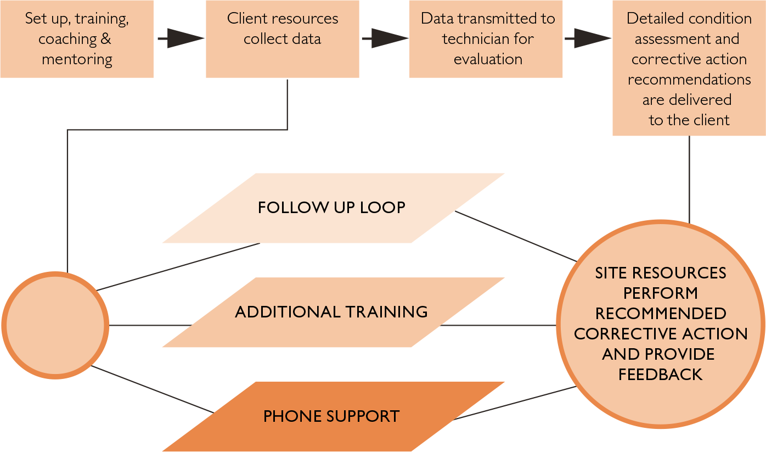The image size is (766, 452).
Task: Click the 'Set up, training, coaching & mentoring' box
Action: click(x=77, y=38)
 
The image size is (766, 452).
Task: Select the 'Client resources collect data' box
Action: click(x=282, y=38)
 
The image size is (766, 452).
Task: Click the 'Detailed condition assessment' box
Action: click(x=689, y=68)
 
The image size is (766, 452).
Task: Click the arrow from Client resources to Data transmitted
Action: click(x=385, y=38)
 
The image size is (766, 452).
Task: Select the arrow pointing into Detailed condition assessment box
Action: click(x=588, y=38)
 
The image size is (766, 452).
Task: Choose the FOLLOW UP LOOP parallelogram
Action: click(x=333, y=208)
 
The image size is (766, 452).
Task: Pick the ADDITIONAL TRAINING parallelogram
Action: click(x=333, y=312)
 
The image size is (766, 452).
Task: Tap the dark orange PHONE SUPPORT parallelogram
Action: click(x=333, y=416)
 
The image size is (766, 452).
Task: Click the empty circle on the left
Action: click(x=55, y=325)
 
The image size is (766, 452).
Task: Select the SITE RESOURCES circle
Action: click(x=661, y=324)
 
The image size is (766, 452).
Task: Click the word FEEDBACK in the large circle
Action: click(x=661, y=375)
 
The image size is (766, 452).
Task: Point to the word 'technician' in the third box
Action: click(x=471, y=39)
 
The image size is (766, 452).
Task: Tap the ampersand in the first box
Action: click(x=106, y=39)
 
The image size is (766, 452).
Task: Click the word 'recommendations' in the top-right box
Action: click(x=689, y=80)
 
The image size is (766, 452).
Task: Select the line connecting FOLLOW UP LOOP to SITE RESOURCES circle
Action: click(x=516, y=236)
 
